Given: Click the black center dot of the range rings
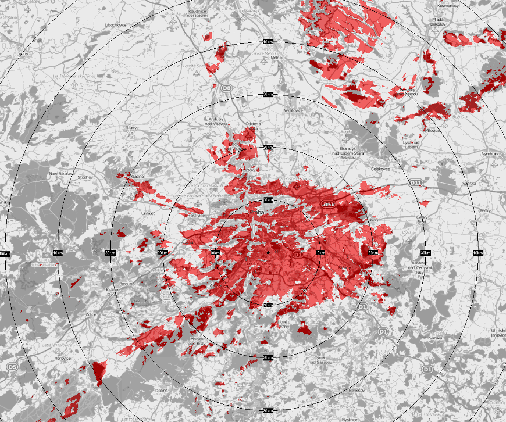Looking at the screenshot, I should [268, 253].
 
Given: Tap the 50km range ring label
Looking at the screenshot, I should [4, 253].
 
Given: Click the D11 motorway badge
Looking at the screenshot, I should [416, 183].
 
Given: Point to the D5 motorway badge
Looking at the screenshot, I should [12, 367].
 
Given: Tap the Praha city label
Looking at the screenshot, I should [257, 213].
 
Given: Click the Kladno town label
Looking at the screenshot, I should [137, 177].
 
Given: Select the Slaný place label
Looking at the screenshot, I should [131, 128].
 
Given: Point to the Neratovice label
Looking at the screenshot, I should [293, 111].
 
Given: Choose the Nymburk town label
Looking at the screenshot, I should [490, 154].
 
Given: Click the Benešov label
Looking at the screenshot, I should [357, 390].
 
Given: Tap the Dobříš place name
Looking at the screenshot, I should [161, 391].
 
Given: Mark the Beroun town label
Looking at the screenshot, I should [126, 284].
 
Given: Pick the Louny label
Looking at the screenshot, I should [22, 54].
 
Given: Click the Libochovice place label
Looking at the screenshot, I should [116, 25].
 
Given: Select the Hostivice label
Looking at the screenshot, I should [196, 216].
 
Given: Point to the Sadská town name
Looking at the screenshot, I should [469, 183].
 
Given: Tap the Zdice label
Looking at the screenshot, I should [91, 314].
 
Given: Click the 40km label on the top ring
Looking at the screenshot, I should [268, 42].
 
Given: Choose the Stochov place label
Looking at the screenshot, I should [85, 177].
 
